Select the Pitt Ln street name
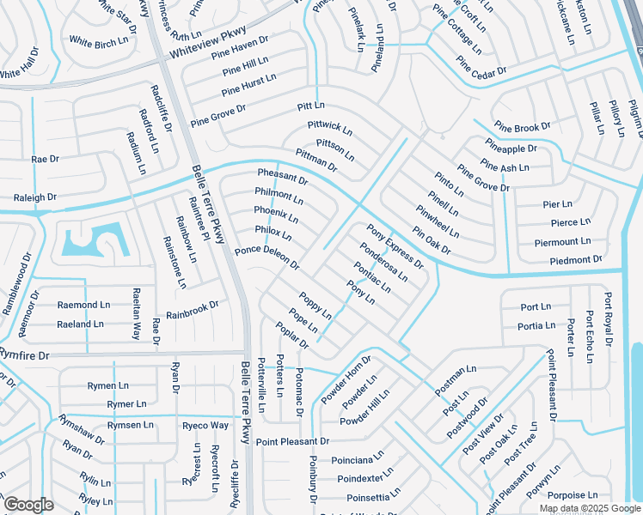(x=310, y=106)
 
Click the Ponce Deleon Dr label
(x=267, y=257)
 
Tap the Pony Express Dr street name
(x=395, y=246)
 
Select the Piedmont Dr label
(x=575, y=259)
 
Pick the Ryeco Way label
(x=205, y=425)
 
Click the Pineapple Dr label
(x=511, y=148)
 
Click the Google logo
(x=28, y=504)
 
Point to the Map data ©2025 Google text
(x=589, y=508)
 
